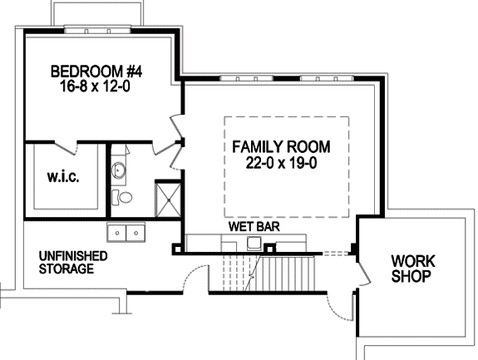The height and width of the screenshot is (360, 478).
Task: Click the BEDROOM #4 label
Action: [x=96, y=72]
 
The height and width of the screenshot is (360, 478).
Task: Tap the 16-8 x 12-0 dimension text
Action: [x=95, y=86]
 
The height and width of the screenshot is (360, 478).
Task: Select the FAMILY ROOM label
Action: [x=281, y=146]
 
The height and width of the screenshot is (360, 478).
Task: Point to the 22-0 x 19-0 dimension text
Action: [x=281, y=163]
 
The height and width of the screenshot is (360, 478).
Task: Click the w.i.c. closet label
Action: [x=63, y=176]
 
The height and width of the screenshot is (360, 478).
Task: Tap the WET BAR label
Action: [x=254, y=226]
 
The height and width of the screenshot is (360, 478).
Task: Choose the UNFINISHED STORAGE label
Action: [x=73, y=263]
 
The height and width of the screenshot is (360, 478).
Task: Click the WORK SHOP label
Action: [x=413, y=269]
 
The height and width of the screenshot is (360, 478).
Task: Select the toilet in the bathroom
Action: [x=121, y=197]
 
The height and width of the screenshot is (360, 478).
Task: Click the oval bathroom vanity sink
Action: [x=118, y=170]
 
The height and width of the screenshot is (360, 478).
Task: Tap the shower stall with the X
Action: [x=168, y=200]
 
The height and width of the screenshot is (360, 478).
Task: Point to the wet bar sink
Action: [x=254, y=243]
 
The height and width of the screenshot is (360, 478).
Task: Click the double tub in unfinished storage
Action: [x=126, y=232]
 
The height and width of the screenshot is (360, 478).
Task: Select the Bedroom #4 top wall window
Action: [x=97, y=30]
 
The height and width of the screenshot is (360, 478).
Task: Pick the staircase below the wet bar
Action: [x=269, y=274]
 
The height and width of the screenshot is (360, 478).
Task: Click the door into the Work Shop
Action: [x=362, y=274]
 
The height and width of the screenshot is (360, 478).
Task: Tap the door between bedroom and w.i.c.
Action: [x=66, y=147]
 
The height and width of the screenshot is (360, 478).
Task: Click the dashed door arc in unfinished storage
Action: [x=195, y=278]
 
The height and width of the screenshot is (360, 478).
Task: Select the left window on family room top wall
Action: [x=246, y=79]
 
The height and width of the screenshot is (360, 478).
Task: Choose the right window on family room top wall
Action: [x=327, y=79]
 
